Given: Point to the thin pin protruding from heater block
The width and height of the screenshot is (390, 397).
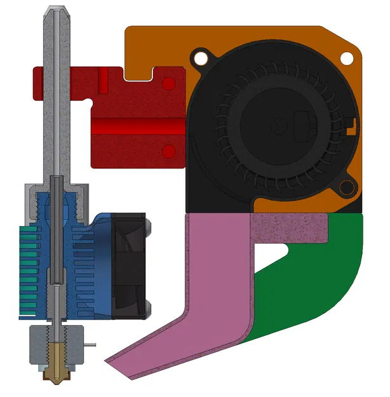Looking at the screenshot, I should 90,345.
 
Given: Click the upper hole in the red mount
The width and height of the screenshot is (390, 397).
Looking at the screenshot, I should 168,83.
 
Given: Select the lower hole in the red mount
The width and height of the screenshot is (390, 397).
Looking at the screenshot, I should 168,151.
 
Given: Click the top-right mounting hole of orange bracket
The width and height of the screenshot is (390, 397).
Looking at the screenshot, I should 347,57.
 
